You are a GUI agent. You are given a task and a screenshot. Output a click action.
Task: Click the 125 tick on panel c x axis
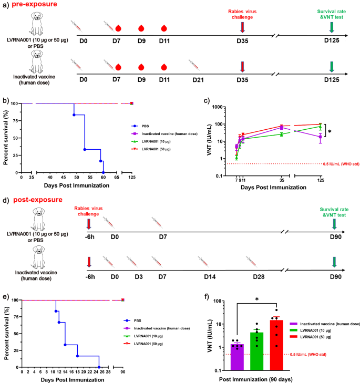(x=320, y=179)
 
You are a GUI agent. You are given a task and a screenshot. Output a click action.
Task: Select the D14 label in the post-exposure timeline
(x=203, y=274)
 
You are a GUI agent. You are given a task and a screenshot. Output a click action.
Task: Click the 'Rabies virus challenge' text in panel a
(x=242, y=14)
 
